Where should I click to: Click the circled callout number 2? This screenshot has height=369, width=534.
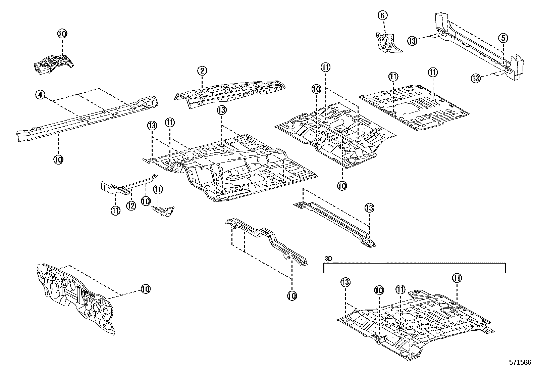click(202, 71)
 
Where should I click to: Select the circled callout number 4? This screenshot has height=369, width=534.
click(40, 95)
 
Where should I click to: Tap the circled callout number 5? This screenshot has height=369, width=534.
click(503, 38)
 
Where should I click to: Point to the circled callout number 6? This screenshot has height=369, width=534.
click(383, 15)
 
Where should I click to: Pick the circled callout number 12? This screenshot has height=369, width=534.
click(131, 206)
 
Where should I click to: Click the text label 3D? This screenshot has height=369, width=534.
click(328, 259)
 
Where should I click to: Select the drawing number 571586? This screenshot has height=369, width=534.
click(520, 363)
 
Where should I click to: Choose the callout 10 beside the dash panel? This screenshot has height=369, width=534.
click(146, 289)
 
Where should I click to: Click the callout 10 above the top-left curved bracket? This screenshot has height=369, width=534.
click(62, 34)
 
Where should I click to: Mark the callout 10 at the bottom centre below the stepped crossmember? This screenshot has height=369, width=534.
click(292, 296)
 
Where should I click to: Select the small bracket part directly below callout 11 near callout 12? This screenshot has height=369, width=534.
click(163, 211)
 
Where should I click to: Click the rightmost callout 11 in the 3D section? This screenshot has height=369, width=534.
click(457, 278)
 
